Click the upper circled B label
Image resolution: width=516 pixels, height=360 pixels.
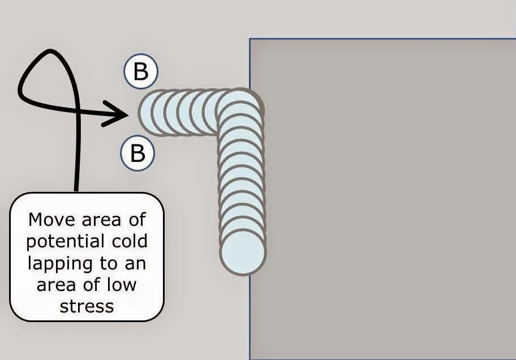[140, 72]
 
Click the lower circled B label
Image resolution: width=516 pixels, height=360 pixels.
[137, 153]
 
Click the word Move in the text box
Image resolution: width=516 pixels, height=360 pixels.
[51, 219]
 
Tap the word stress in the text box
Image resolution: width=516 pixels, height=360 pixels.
[87, 306]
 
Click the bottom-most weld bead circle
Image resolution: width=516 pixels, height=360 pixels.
[243, 252]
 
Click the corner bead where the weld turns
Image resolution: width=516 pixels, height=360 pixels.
[240, 109]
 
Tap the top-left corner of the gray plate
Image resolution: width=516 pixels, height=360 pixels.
[250, 39]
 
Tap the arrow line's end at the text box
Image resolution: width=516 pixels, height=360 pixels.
[76, 191]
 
